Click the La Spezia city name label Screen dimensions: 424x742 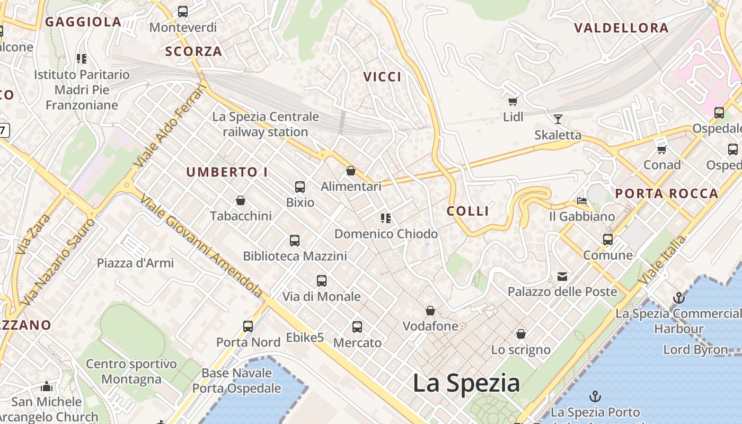click(x=466, y=383)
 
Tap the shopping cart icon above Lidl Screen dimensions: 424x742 click(x=513, y=101)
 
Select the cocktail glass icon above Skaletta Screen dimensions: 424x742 click(x=558, y=119)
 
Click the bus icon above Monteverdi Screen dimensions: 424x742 click(x=183, y=11)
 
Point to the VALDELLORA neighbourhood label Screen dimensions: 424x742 click(x=621, y=28)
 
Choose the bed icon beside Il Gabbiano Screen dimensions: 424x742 click(x=582, y=201)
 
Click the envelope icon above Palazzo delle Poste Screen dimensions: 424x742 click(x=562, y=276)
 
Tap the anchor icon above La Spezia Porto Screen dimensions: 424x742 click(x=595, y=396)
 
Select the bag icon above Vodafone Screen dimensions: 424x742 click(x=430, y=310)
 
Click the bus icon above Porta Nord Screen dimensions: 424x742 click(x=248, y=326)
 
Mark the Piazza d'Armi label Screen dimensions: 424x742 click(x=135, y=263)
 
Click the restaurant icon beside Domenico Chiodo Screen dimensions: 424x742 click(x=386, y=218)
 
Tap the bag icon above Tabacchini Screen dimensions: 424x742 click(x=241, y=200)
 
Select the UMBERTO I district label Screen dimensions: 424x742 click(x=227, y=172)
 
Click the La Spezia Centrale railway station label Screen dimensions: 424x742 click(x=266, y=124)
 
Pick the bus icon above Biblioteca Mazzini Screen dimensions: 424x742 click(x=295, y=241)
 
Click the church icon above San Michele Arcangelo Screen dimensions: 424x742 click(x=47, y=386)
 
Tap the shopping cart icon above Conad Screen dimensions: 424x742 click(x=661, y=150)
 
